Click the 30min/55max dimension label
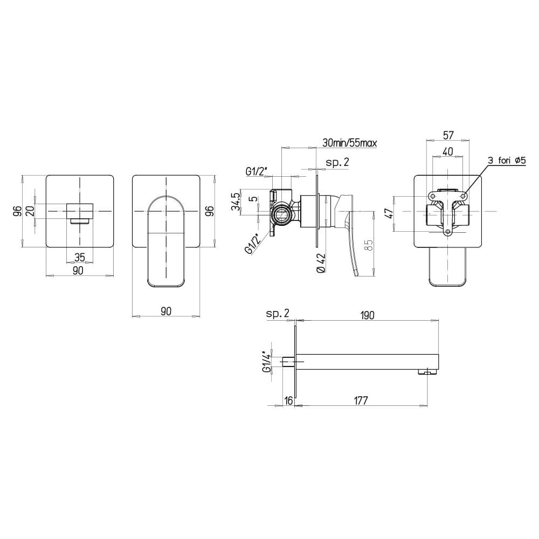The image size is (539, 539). tap(349, 143)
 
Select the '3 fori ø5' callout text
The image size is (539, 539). tap(509, 160)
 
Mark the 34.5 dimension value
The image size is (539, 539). tap(235, 202)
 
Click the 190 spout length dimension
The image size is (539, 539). tap(368, 314)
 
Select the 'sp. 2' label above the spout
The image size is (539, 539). tap(278, 313)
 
